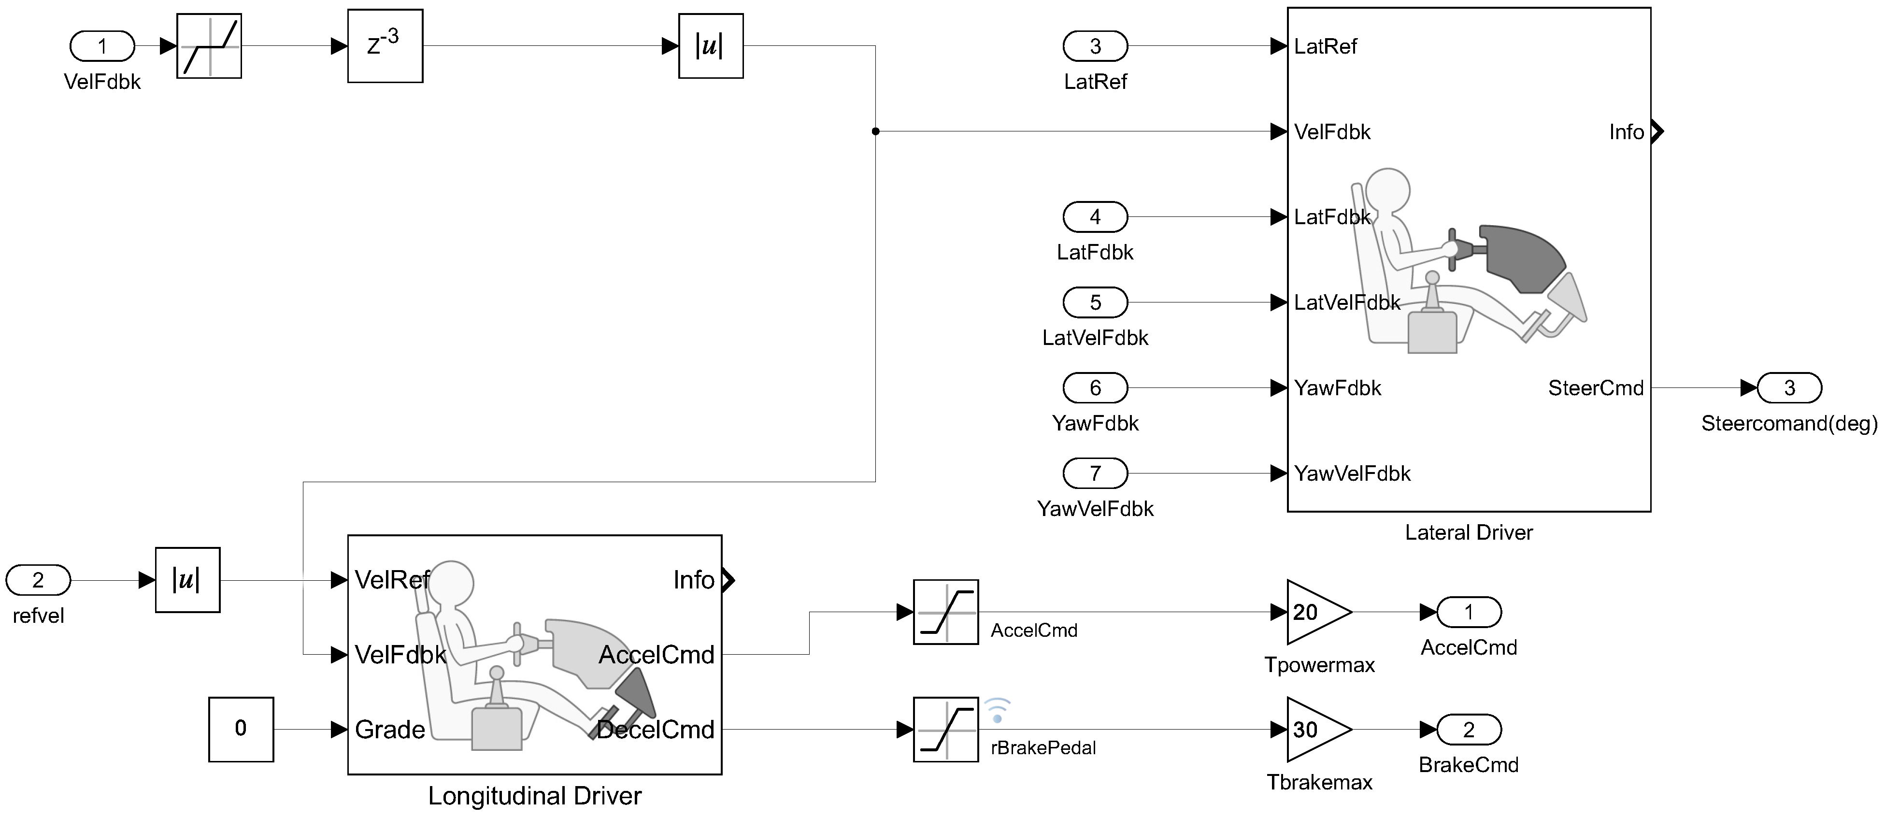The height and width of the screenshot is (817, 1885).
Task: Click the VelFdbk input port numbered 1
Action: click(x=102, y=46)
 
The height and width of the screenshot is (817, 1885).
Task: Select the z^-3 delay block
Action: click(x=385, y=46)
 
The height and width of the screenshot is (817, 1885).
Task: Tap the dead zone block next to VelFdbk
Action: click(x=209, y=46)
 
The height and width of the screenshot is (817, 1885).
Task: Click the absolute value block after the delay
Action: click(x=711, y=46)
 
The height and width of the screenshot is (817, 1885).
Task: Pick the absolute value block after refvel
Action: click(x=187, y=580)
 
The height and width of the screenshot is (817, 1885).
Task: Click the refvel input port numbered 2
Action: click(x=38, y=580)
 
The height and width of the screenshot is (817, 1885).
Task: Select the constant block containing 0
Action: click(x=241, y=729)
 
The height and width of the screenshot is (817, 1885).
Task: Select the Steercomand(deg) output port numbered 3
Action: click(x=1789, y=388)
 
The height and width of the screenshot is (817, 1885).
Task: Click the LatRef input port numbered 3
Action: click(x=1096, y=46)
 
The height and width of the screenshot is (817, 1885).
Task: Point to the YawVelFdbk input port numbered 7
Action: click(x=1096, y=473)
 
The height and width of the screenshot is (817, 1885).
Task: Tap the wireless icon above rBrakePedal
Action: click(x=997, y=711)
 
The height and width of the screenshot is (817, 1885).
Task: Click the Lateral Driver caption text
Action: click(x=1469, y=532)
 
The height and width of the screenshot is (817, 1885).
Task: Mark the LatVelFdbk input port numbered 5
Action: click(x=1096, y=302)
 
